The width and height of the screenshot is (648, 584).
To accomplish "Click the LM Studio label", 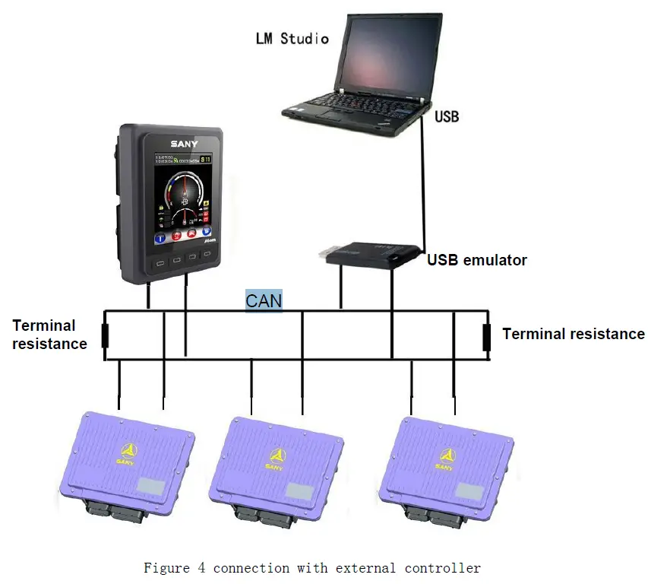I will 292,38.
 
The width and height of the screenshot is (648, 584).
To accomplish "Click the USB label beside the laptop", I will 447,117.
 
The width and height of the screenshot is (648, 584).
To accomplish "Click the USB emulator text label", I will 477,260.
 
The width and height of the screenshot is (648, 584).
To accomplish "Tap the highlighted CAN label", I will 264,300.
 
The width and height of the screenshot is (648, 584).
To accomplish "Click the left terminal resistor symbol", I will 105,335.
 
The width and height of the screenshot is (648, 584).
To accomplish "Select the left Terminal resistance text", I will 49,335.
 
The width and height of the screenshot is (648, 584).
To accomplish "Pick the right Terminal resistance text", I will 574,334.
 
